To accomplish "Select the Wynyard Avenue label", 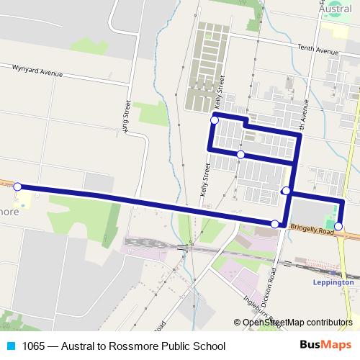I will tap(37, 71).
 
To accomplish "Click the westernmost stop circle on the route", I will tap(18, 187).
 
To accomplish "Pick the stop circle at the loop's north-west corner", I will tap(214, 120).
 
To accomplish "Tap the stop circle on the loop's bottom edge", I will tap(240, 155).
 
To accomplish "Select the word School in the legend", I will tap(210, 346).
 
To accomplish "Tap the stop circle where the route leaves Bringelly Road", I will tap(274, 225).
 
